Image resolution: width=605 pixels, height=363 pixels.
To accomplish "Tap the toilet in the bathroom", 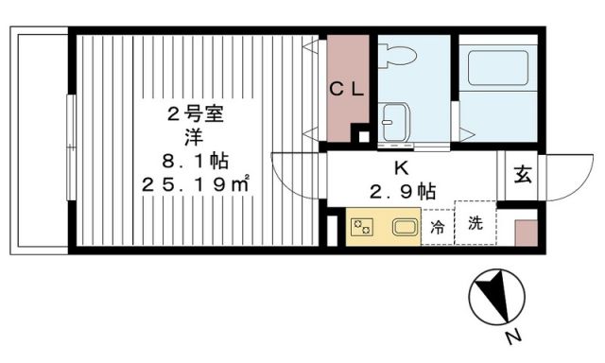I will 398,58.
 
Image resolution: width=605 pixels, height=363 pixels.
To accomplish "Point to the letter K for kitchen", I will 401,169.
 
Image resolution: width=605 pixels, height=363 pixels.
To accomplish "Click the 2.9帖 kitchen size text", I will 402,191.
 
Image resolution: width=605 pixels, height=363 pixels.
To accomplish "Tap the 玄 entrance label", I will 522,175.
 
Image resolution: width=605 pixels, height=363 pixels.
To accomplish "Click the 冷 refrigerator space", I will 437,227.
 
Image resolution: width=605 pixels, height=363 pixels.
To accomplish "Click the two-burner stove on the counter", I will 362,227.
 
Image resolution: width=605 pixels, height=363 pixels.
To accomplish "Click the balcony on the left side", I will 39,142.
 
